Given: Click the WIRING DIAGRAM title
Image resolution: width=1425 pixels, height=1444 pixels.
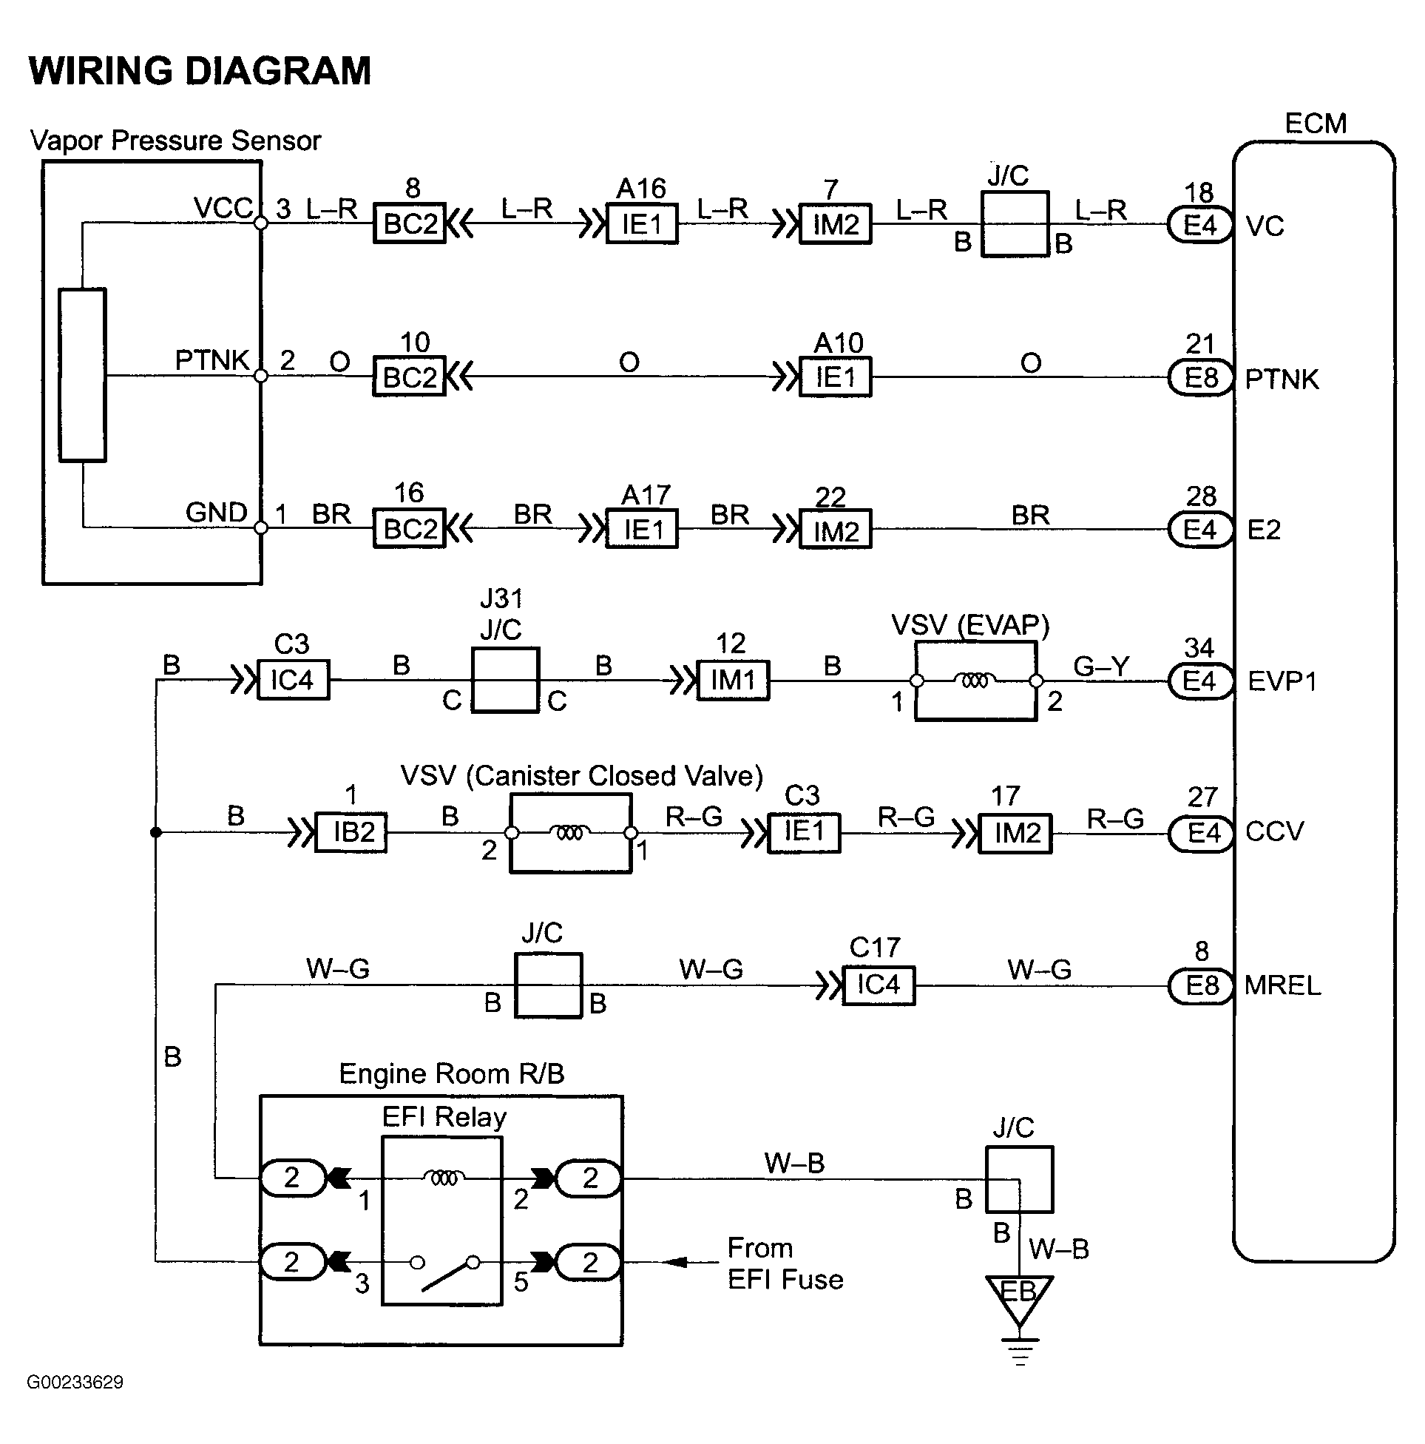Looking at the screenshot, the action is click(x=200, y=71).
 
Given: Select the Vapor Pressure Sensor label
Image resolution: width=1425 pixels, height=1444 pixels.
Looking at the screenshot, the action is click(x=175, y=141).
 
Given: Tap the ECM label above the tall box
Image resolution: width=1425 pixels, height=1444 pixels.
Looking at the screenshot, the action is click(x=1315, y=124).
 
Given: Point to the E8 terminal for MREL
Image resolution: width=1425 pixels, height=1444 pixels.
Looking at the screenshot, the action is click(x=1200, y=986).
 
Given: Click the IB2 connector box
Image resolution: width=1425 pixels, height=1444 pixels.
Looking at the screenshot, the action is click(x=351, y=832).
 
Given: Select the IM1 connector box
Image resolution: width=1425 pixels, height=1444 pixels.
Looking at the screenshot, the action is click(x=733, y=680).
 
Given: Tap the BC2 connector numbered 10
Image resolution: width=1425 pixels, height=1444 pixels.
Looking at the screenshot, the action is click(x=410, y=376).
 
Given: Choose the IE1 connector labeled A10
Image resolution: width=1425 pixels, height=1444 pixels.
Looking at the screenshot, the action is click(x=836, y=377).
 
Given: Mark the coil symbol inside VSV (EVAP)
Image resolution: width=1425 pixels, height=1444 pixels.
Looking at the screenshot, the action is click(x=975, y=681).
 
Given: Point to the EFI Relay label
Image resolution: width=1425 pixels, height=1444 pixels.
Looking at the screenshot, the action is click(x=444, y=1116).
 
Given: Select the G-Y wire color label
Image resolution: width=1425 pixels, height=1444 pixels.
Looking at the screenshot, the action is click(x=1101, y=665).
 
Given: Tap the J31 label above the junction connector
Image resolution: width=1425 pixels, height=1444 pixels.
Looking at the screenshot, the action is click(x=501, y=598).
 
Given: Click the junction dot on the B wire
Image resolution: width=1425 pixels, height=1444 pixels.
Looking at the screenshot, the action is click(x=156, y=832).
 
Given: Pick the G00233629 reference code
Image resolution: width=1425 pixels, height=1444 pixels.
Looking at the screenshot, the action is click(x=75, y=1382).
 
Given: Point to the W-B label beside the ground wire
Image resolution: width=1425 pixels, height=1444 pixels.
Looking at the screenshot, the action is click(x=1059, y=1248).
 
